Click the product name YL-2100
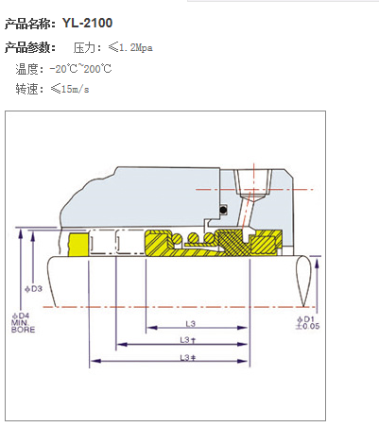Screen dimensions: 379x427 click(x=87, y=23)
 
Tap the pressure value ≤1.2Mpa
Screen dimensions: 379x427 click(x=130, y=47)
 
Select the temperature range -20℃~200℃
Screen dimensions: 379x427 click(x=80, y=69)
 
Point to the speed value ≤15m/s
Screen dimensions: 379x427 click(x=70, y=89)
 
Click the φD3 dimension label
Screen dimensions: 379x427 click(x=34, y=288)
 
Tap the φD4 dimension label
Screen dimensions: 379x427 click(x=21, y=316)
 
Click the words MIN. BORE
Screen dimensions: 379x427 click(x=23, y=326)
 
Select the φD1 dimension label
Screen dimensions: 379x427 click(x=305, y=319)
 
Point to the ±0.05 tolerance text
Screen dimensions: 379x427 click(x=307, y=326)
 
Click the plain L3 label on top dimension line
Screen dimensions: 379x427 click(x=191, y=323)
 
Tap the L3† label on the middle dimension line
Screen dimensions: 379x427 click(x=188, y=340)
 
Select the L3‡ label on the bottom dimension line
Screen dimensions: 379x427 click(x=188, y=357)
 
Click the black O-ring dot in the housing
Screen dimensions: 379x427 click(x=223, y=210)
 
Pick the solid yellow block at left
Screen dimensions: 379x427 click(x=78, y=245)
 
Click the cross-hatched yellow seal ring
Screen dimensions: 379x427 click(x=232, y=242)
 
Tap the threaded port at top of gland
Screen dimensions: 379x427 click(x=252, y=183)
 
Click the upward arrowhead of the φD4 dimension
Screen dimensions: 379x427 click(x=21, y=233)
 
